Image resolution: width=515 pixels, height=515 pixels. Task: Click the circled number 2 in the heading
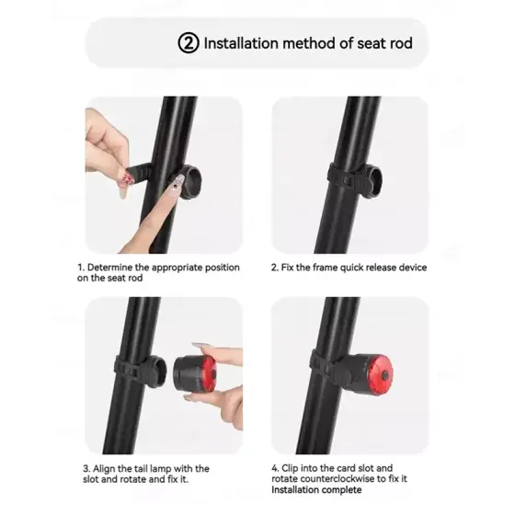click(x=189, y=43)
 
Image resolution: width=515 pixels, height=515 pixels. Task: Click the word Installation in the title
click(x=241, y=43)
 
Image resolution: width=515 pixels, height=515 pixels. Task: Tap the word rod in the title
click(x=399, y=43)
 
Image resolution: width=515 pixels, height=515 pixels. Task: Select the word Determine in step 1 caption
click(x=109, y=268)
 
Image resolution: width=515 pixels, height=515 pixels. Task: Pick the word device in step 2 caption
click(x=413, y=268)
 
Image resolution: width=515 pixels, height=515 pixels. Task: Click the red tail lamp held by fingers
click(x=194, y=374)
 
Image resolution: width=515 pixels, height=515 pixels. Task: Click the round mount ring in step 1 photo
click(x=189, y=183)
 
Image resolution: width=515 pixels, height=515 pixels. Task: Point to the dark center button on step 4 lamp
click(x=385, y=376)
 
